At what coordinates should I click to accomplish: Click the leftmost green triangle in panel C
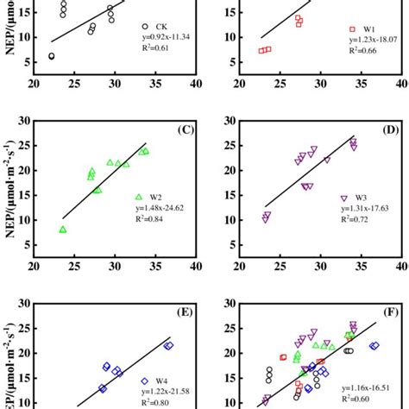62,230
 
